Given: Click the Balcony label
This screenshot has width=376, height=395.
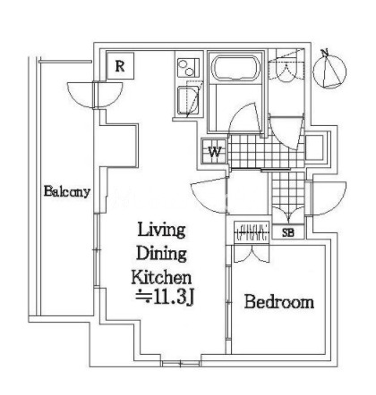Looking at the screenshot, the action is tap(67, 191).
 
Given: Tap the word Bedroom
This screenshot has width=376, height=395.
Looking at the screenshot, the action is tap(279, 302).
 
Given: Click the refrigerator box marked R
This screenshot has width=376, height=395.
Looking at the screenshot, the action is tap(120, 66).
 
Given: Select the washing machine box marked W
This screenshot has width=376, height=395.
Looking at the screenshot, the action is tap(214, 152).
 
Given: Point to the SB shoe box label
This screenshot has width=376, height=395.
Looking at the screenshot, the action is tap(288, 232).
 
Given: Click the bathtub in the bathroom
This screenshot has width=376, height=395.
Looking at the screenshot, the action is tap(235, 68).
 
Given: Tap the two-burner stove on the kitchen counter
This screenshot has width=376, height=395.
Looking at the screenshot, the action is tap(189, 68).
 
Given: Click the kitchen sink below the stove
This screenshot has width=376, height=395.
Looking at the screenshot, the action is tap(188, 100).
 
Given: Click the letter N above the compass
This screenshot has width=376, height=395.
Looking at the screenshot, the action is tap(324, 53).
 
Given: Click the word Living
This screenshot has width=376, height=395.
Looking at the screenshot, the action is tap(161, 230).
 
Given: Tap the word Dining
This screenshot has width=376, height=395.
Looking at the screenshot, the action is tap(161, 254).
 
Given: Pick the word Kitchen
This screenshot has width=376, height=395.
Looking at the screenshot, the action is tap(161, 277).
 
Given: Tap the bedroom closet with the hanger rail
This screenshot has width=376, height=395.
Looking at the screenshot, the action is tap(252, 231).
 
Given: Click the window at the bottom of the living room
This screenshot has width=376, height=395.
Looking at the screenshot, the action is tap(181, 364).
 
